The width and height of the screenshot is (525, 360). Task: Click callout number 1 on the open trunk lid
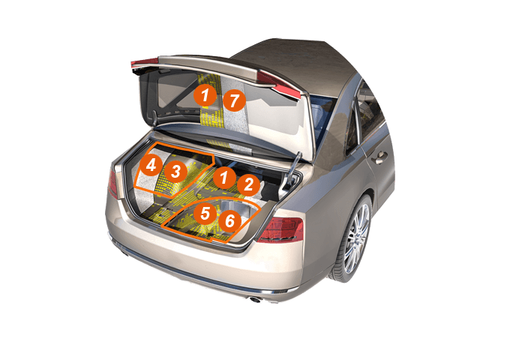[205, 95]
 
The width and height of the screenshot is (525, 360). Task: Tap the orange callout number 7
[234, 100]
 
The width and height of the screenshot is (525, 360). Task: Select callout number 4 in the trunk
[151, 166]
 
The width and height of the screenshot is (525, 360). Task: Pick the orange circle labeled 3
[175, 172]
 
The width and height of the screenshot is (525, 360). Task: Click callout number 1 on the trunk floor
[224, 178]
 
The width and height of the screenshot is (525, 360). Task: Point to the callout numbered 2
[249, 185]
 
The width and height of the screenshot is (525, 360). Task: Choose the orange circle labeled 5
[205, 213]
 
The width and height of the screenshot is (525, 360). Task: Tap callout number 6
[229, 221]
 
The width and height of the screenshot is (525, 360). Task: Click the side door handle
[380, 157]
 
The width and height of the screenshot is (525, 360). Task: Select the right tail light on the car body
[280, 229]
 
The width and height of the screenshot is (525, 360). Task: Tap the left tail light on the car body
[112, 184]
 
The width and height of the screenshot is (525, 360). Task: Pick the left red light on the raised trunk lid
[144, 63]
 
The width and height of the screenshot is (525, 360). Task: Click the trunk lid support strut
[293, 166]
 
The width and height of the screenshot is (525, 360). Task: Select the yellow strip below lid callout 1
[212, 117]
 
